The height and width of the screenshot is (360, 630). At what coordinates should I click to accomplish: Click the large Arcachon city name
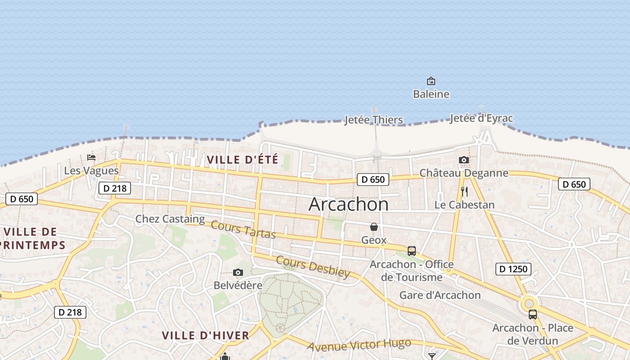click(348, 205)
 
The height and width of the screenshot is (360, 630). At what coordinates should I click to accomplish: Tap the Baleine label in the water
click(431, 94)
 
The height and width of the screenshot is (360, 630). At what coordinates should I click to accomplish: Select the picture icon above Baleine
click(431, 81)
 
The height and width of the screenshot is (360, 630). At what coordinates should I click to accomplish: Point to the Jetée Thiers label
click(373, 120)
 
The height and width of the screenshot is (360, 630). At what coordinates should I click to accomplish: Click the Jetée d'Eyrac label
click(481, 118)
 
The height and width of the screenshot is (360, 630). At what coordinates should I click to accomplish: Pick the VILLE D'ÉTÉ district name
click(243, 159)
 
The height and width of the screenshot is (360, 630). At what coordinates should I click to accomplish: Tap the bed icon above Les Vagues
click(91, 157)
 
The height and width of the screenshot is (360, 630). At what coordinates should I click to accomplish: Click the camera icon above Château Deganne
click(464, 160)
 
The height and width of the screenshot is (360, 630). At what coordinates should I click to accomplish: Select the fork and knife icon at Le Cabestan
click(464, 192)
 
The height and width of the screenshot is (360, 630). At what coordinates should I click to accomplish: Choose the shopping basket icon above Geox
click(374, 227)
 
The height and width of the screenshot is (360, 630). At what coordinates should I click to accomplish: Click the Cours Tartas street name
click(243, 229)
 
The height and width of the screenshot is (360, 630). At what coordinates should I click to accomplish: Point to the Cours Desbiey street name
click(313, 267)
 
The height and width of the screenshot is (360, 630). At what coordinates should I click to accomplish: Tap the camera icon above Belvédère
click(238, 272)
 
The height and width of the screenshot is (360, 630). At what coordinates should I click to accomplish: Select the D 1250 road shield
click(513, 269)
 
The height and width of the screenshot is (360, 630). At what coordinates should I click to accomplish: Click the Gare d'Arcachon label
click(440, 295)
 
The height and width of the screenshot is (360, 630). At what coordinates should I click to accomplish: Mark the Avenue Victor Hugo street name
click(359, 345)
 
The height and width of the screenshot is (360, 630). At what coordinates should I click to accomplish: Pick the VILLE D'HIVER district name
click(205, 335)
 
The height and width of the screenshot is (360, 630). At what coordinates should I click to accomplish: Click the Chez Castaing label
click(170, 219)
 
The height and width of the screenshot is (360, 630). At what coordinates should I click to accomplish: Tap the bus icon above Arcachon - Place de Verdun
click(533, 315)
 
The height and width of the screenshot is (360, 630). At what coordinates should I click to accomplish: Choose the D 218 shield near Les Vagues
click(115, 188)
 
